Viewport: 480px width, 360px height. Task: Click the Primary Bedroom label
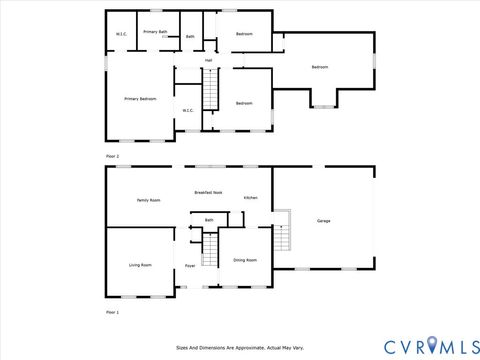point(140,99)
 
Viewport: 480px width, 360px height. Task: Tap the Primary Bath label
point(155,32)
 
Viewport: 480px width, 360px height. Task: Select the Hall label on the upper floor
point(209,61)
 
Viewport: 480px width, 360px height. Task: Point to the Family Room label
point(148,200)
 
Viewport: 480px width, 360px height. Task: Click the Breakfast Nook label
point(208,192)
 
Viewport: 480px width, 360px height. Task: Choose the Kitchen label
point(251,198)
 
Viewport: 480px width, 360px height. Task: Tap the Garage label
point(324,220)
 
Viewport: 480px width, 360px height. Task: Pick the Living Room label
point(140,265)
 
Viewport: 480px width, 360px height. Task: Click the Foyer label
point(190,266)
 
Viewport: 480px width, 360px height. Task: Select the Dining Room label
point(245,260)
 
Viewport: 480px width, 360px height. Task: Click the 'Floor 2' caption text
point(112,157)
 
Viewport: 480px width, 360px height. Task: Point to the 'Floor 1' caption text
point(112,313)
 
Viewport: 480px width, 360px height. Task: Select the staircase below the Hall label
point(210,93)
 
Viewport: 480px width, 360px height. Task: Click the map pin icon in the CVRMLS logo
point(431,345)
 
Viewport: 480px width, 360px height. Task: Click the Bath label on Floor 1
point(209,220)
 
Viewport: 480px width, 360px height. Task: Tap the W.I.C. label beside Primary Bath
point(121,35)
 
